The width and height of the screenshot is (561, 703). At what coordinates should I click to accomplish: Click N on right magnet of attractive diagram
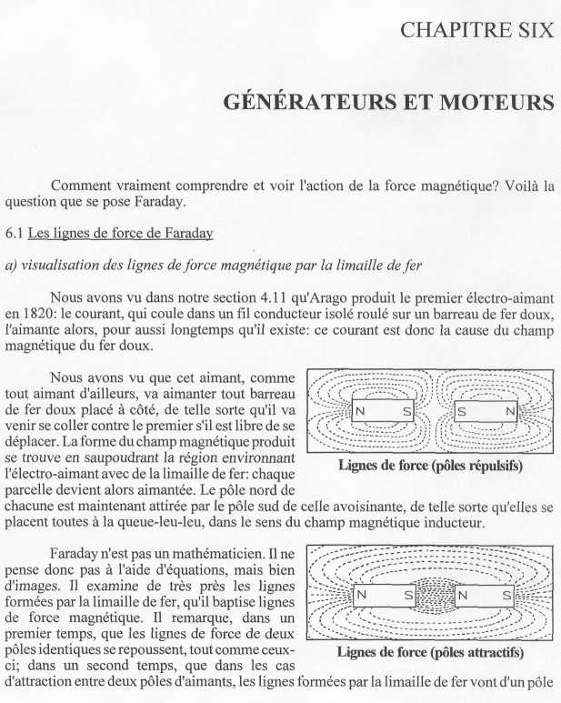pos(461,597)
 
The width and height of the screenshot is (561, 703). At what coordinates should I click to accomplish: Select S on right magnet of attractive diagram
pos(506,597)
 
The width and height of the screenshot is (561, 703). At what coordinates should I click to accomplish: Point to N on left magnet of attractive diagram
pos(362,597)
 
